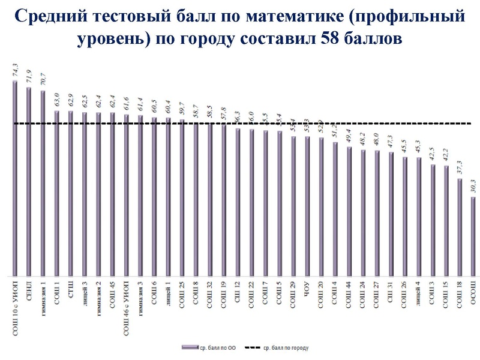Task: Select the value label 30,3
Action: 473,186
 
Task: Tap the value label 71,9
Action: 28,77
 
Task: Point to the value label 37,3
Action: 459,169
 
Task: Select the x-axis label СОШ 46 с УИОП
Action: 126,304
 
